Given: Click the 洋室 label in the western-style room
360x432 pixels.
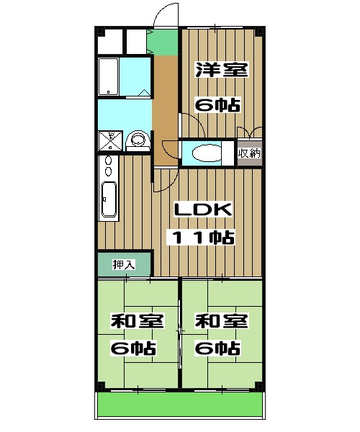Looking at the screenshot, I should (x=222, y=71).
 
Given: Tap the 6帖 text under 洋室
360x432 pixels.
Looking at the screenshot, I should (x=218, y=104).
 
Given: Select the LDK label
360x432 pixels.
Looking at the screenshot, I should (x=202, y=210).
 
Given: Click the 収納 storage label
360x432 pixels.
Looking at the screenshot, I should (x=249, y=153).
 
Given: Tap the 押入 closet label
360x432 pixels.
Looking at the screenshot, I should (x=124, y=264).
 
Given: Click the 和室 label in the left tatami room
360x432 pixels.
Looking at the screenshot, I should (x=136, y=320).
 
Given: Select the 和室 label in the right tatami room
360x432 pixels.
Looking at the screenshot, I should (x=220, y=320).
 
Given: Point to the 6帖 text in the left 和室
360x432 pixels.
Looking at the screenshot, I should (x=134, y=348).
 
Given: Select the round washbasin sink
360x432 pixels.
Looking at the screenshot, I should (x=136, y=140).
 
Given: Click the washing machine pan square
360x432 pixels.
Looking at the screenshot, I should (x=112, y=140).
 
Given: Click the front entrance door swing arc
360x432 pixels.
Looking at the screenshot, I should (x=165, y=14).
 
